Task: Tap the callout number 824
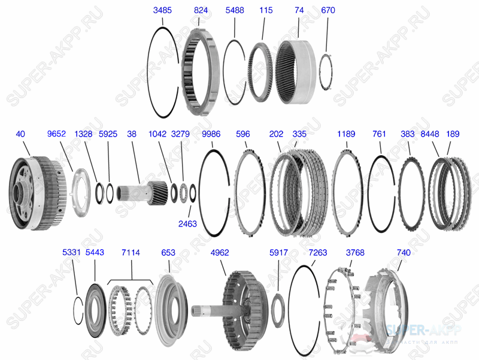point(201,11)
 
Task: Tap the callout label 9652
point(56,134)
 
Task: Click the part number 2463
point(187,224)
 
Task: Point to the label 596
point(243,134)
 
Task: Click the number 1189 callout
point(347,134)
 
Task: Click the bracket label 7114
point(131,253)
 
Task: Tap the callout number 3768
point(355,253)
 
